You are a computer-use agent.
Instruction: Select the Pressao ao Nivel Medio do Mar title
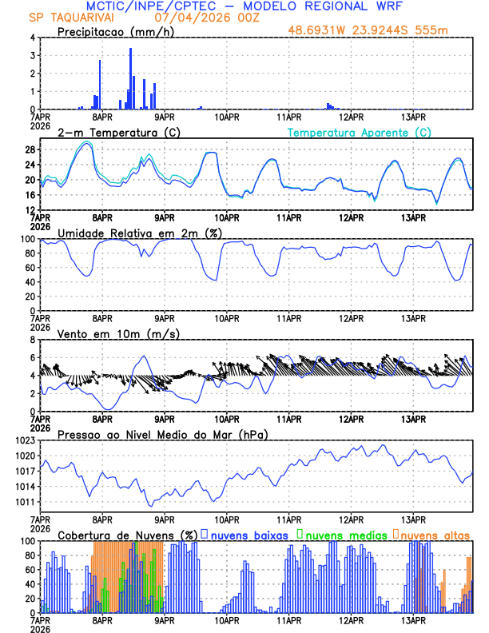pos(162,434)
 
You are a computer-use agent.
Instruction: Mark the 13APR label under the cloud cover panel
pos(413,619)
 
